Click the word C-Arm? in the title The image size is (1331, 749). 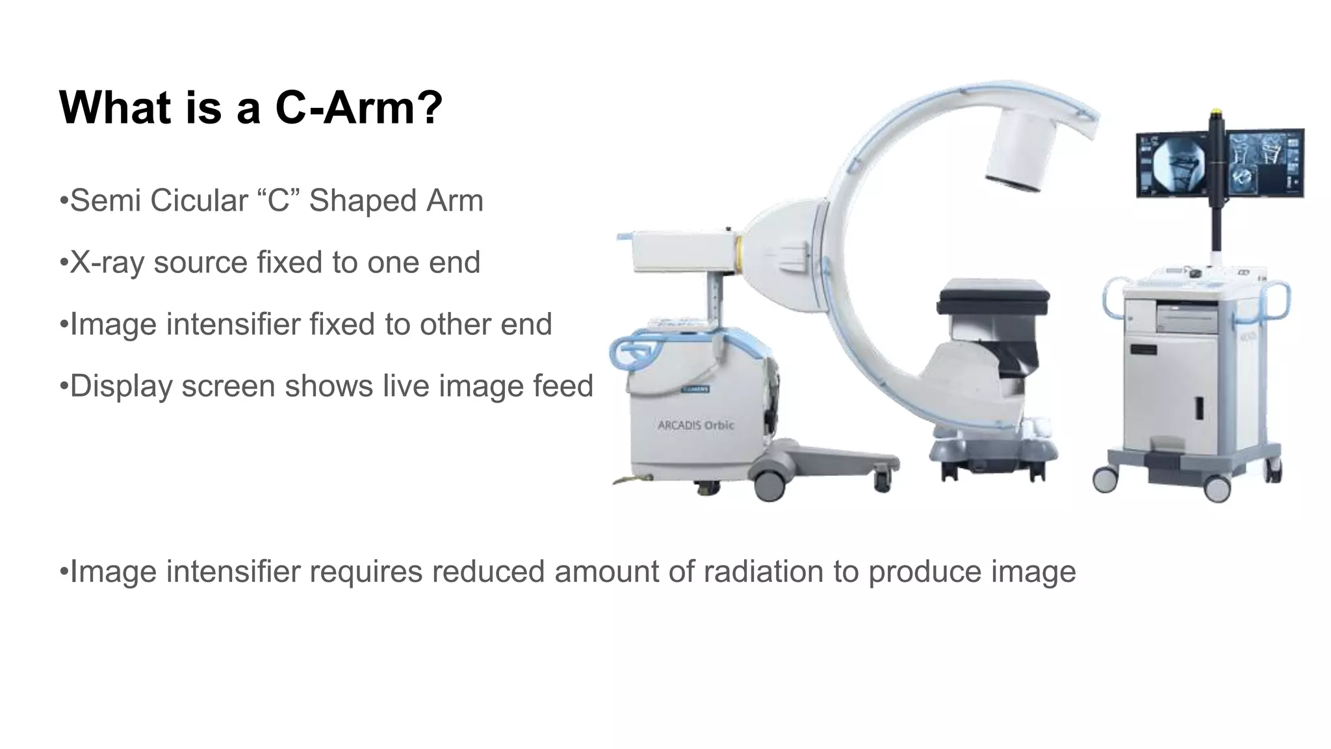pyautogui.click(x=359, y=107)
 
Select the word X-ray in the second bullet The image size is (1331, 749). pyautogui.click(x=107, y=263)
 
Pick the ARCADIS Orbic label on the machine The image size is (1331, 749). pyautogui.click(x=695, y=425)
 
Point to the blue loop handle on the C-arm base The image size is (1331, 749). pyautogui.click(x=634, y=351)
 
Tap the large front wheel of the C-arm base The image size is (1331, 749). pyautogui.click(x=769, y=484)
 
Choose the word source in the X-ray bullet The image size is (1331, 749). pyautogui.click(x=201, y=263)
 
